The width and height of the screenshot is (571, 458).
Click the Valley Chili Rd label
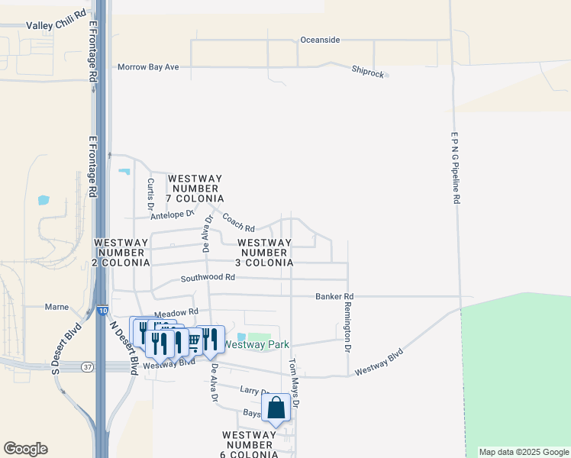coord(56,25)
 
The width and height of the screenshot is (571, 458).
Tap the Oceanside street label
coord(320,40)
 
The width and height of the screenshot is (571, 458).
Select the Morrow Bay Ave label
coord(148,67)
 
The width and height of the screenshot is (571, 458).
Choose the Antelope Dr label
coord(173,214)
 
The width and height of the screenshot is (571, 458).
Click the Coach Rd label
coord(238,222)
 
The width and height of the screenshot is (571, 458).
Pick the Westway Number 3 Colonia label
coord(264,253)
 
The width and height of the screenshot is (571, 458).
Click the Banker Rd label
coord(334,296)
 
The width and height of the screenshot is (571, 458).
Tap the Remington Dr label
coord(347,327)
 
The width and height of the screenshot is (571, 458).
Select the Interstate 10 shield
coord(102,310)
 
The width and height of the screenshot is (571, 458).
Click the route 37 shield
coord(89,367)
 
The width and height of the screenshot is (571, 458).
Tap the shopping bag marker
coord(276,408)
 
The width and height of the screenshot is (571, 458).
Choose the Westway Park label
coord(256,344)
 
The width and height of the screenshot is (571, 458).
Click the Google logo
coord(25,449)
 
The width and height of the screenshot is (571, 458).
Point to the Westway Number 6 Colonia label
coord(250,444)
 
